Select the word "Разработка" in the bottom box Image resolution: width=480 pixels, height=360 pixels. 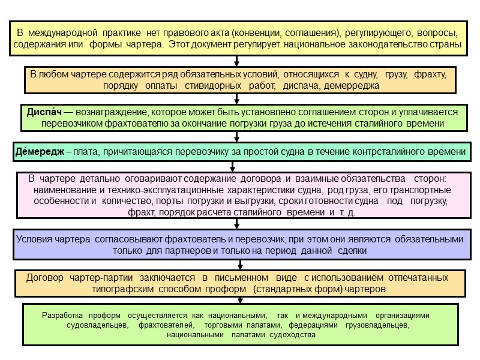63,315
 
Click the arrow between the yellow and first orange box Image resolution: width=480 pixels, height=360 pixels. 238,61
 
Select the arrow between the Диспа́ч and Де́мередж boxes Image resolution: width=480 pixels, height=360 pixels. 238,137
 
